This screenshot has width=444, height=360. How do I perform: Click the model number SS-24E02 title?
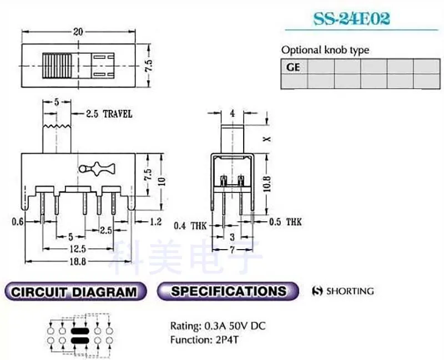click(352, 18)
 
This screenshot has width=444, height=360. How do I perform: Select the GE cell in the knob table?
click(293, 67)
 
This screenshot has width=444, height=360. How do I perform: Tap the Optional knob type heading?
click(325, 50)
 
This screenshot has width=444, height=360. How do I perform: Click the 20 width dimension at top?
click(78, 32)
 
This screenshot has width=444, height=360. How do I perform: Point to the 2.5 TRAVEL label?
click(109, 114)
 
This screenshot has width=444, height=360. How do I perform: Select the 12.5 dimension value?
click(78, 249)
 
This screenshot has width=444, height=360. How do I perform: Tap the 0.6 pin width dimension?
click(17, 222)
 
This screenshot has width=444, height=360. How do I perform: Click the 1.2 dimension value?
click(156, 222)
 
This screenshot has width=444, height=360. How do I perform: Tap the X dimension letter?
click(267, 139)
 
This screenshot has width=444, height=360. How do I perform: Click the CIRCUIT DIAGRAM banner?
click(74, 292)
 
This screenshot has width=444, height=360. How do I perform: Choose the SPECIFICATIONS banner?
click(228, 291)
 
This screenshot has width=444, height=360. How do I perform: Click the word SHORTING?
click(350, 291)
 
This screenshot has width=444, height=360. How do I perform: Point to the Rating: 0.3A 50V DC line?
click(218, 326)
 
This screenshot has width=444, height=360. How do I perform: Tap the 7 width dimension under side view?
click(233, 250)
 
